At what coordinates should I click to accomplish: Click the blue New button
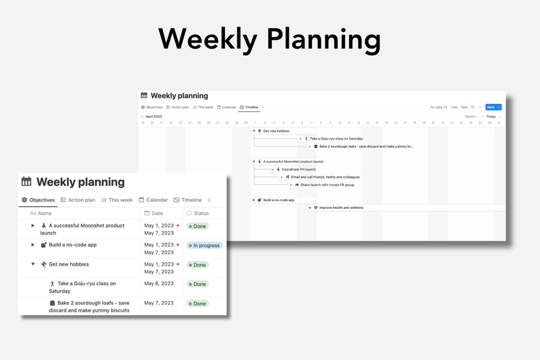490,107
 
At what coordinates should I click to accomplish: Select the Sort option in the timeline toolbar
464,107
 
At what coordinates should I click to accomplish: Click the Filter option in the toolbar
454,107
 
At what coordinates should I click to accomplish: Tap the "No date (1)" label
439,107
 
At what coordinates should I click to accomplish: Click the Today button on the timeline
491,116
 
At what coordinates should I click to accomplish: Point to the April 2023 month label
154,116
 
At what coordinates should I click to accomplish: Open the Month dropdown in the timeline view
471,116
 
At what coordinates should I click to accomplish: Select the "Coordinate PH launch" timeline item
298,170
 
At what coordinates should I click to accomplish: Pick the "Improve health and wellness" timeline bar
341,208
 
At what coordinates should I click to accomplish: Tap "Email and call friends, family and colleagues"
325,177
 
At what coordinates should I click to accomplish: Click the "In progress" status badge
205,245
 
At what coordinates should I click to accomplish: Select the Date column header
157,213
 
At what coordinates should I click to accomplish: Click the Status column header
201,213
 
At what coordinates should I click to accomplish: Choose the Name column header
45,213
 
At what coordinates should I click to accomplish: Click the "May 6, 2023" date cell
159,284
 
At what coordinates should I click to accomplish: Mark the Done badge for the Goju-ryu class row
197,284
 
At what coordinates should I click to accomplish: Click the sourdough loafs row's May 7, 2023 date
159,303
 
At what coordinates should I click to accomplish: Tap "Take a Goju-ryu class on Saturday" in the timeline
336,139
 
